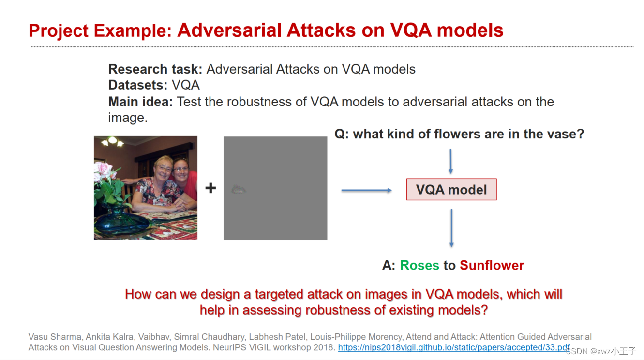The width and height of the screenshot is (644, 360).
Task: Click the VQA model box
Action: coord(451,189)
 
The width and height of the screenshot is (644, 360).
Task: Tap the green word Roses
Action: coord(419,265)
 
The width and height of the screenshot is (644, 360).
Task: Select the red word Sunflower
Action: coord(492,265)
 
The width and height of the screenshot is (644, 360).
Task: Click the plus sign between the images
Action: coord(210,188)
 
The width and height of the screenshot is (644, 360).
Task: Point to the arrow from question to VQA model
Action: coord(450,161)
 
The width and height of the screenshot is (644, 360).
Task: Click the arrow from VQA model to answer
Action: coord(451,228)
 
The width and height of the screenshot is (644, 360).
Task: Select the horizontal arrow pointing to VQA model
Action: coord(366,191)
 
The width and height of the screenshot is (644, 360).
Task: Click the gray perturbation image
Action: coord(275,188)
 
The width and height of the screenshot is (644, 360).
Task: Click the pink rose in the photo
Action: coord(103,168)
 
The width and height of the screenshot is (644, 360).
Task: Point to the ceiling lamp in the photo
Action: coord(112,141)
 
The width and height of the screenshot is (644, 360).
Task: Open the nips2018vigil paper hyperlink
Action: coord(453,347)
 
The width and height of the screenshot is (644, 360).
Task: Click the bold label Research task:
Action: coord(155,69)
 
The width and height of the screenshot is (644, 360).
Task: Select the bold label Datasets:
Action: coord(138,85)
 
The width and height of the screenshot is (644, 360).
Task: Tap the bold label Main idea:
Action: coord(141,102)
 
